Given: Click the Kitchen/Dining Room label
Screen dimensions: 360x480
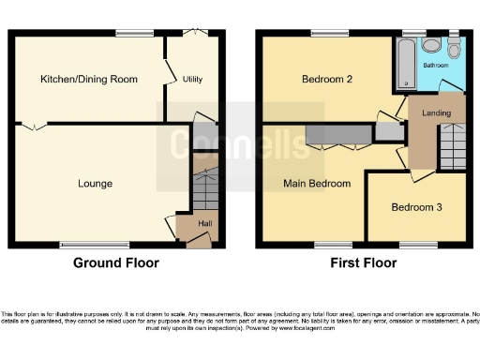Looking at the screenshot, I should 88,80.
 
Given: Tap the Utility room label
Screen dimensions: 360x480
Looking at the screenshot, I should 192,80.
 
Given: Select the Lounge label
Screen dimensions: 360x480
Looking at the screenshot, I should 95,184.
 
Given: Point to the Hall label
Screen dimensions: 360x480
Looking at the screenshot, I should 205,223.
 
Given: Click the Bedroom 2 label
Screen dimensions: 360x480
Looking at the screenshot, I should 326,80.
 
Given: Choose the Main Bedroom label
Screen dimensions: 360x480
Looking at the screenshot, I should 317,184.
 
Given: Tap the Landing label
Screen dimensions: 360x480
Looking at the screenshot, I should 436,113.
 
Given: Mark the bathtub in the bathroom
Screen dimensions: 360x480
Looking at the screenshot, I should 406,62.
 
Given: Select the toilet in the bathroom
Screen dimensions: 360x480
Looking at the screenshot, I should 455,50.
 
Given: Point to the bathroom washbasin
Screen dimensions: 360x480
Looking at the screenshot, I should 431,46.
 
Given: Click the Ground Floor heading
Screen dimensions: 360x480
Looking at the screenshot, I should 116,263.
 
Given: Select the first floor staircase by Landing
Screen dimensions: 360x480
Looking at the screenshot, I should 453,144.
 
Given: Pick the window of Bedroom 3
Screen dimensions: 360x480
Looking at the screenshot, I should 418,246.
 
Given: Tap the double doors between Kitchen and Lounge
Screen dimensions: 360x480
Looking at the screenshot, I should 32,125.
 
